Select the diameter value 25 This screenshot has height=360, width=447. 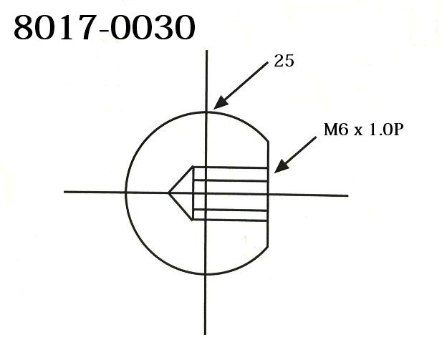[x=284, y=62]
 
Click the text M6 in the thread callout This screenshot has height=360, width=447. [x=333, y=132]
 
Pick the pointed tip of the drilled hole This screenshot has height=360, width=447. [x=168, y=193]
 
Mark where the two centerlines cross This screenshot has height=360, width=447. [x=206, y=193]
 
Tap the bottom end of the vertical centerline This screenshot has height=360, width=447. [x=206, y=334]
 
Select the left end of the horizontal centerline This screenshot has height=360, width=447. [x=64, y=192]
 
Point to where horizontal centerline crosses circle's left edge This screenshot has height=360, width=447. [x=125, y=193]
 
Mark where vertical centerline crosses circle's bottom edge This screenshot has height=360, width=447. [x=206, y=274]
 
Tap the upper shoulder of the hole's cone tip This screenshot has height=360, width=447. [x=193, y=167]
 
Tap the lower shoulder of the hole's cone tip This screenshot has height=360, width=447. [x=193, y=218]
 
